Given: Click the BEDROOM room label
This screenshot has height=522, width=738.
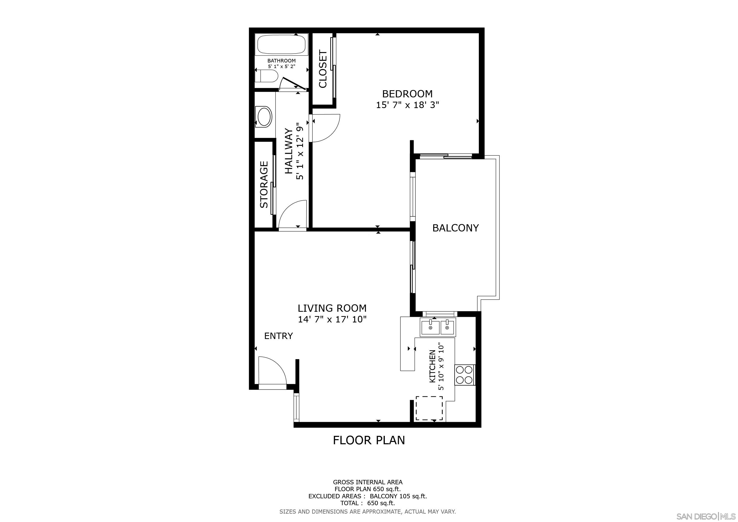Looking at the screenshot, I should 407,94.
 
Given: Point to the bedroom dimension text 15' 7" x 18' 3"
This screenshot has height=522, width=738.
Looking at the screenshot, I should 407,105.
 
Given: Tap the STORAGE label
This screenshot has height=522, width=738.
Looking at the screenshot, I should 264,185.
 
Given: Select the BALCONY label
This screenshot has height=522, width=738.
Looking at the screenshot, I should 455,228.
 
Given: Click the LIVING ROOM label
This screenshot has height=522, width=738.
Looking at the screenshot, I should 332,308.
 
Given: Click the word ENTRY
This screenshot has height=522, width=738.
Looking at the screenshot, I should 278,336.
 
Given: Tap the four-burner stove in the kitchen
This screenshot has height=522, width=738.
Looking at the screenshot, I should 465,375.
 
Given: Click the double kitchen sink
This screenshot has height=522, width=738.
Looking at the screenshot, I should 438,327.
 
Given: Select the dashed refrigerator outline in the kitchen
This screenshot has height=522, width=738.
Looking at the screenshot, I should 429,408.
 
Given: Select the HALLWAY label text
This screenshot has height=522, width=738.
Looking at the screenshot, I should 289,151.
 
